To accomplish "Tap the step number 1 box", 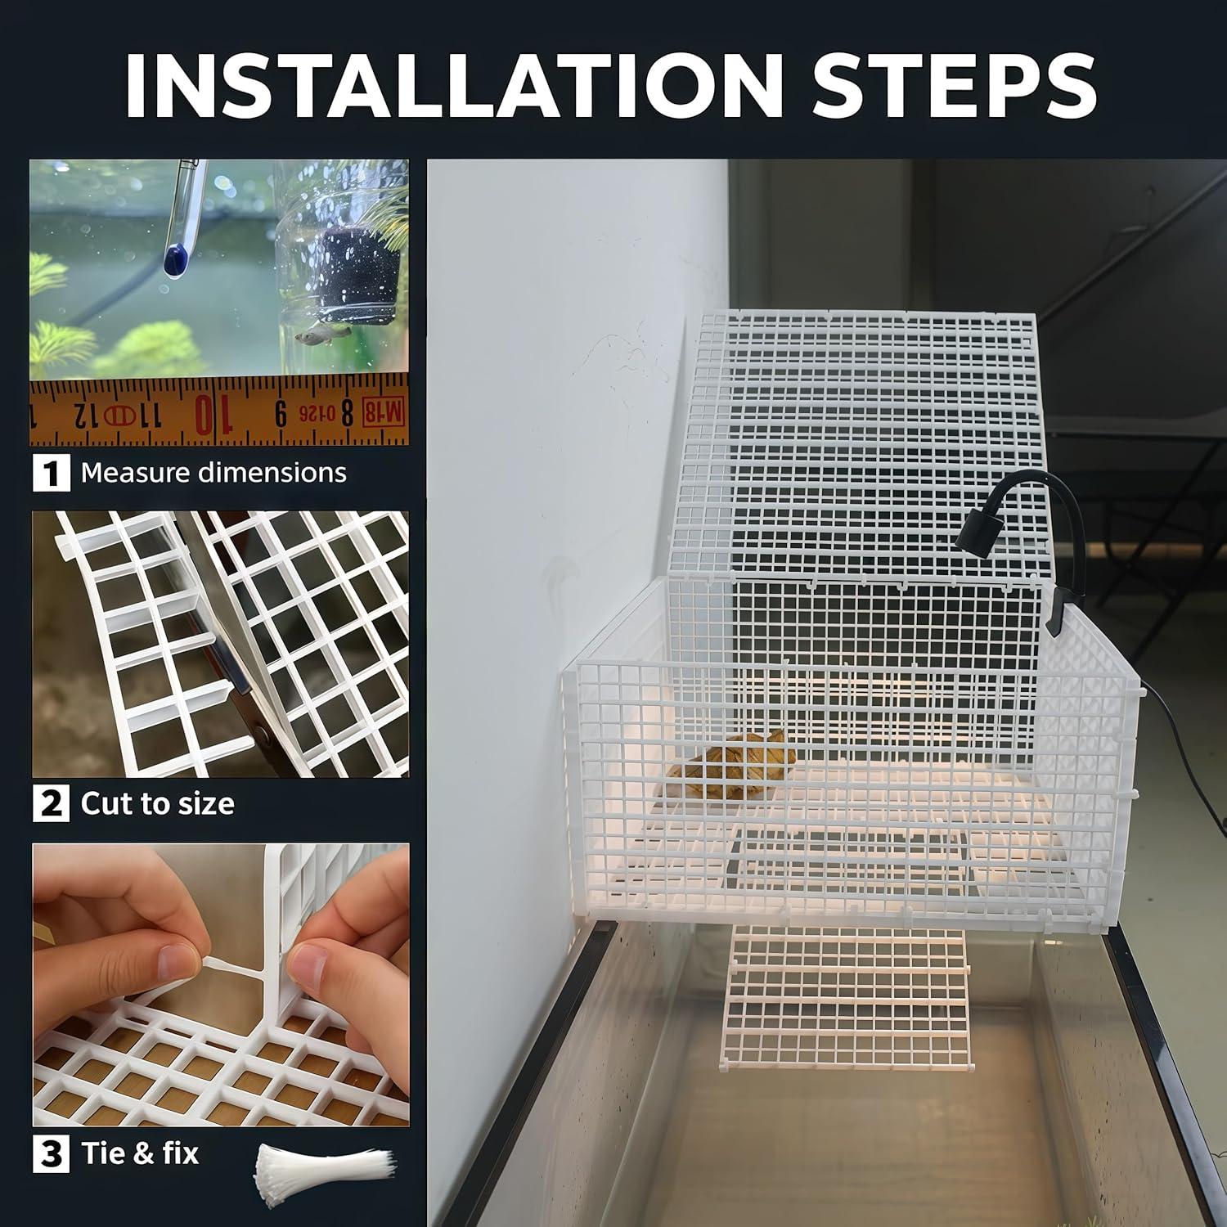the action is (51, 474).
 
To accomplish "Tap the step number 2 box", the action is (51, 803).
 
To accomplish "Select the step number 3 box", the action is (51, 1153).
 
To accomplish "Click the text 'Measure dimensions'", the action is (213, 473).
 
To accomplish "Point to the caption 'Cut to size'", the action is (157, 803).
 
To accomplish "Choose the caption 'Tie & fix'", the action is (140, 1153).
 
